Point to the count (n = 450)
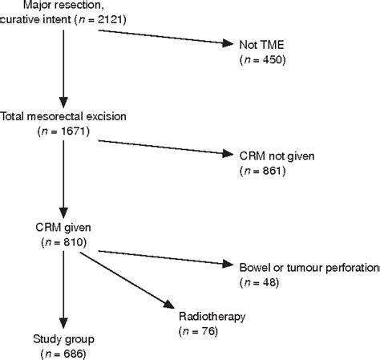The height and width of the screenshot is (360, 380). [262, 60]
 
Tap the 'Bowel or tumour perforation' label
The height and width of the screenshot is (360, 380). [309, 266]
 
